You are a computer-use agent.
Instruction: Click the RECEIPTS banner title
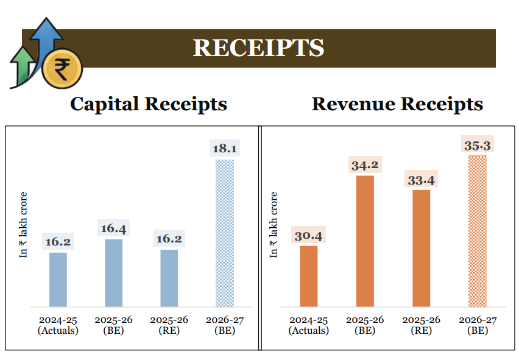tap(258, 48)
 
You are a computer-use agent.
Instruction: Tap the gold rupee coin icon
tap(62, 68)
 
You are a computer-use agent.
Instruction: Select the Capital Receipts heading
tap(149, 104)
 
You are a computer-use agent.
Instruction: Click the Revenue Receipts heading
tap(397, 104)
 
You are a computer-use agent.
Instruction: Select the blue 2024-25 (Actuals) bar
tap(58, 279)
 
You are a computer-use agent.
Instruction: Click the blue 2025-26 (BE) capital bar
tap(113, 273)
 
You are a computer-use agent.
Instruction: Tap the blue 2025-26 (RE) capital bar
tap(169, 278)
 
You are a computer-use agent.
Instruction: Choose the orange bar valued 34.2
tap(365, 241)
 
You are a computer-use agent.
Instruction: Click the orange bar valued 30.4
tap(309, 276)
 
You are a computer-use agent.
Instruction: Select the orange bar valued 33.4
tap(422, 248)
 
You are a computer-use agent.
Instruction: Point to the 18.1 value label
tap(225, 149)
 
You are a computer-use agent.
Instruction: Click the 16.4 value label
tap(113, 228)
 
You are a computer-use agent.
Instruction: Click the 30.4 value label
tap(309, 235)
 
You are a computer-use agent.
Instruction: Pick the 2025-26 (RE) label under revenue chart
tap(422, 325)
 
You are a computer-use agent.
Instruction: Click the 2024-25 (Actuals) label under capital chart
tap(58, 325)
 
